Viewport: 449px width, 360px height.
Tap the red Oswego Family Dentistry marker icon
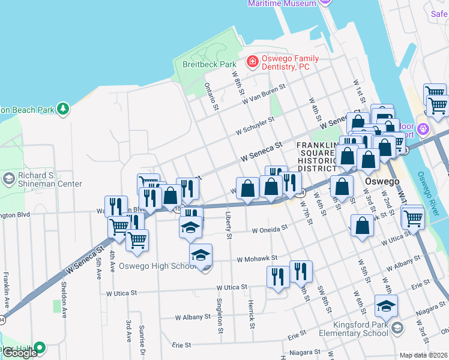[x=253, y=61]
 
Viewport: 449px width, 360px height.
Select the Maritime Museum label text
[x=282, y=3]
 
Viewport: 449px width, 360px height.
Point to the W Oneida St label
[x=270, y=229]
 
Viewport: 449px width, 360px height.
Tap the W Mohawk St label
[x=256, y=259]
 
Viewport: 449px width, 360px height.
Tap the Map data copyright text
[x=424, y=355]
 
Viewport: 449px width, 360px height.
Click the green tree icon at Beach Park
[x=62, y=109]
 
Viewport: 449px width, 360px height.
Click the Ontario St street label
[x=211, y=97]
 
